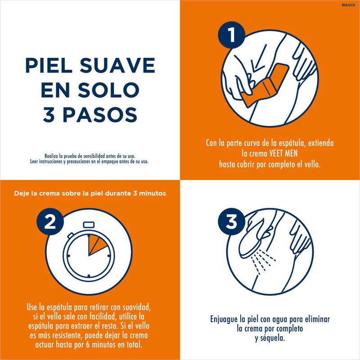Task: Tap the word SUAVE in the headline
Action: (x=117, y=65)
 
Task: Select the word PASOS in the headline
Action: (x=100, y=115)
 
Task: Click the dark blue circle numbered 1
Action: (x=232, y=35)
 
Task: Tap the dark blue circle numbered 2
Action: (x=50, y=221)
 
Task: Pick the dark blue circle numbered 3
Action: (x=231, y=221)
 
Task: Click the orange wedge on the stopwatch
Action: (x=96, y=245)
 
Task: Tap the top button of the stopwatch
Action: (x=89, y=225)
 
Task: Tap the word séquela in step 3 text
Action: (x=273, y=338)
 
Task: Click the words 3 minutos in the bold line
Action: (x=149, y=193)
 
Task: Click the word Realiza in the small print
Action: (x=51, y=156)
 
